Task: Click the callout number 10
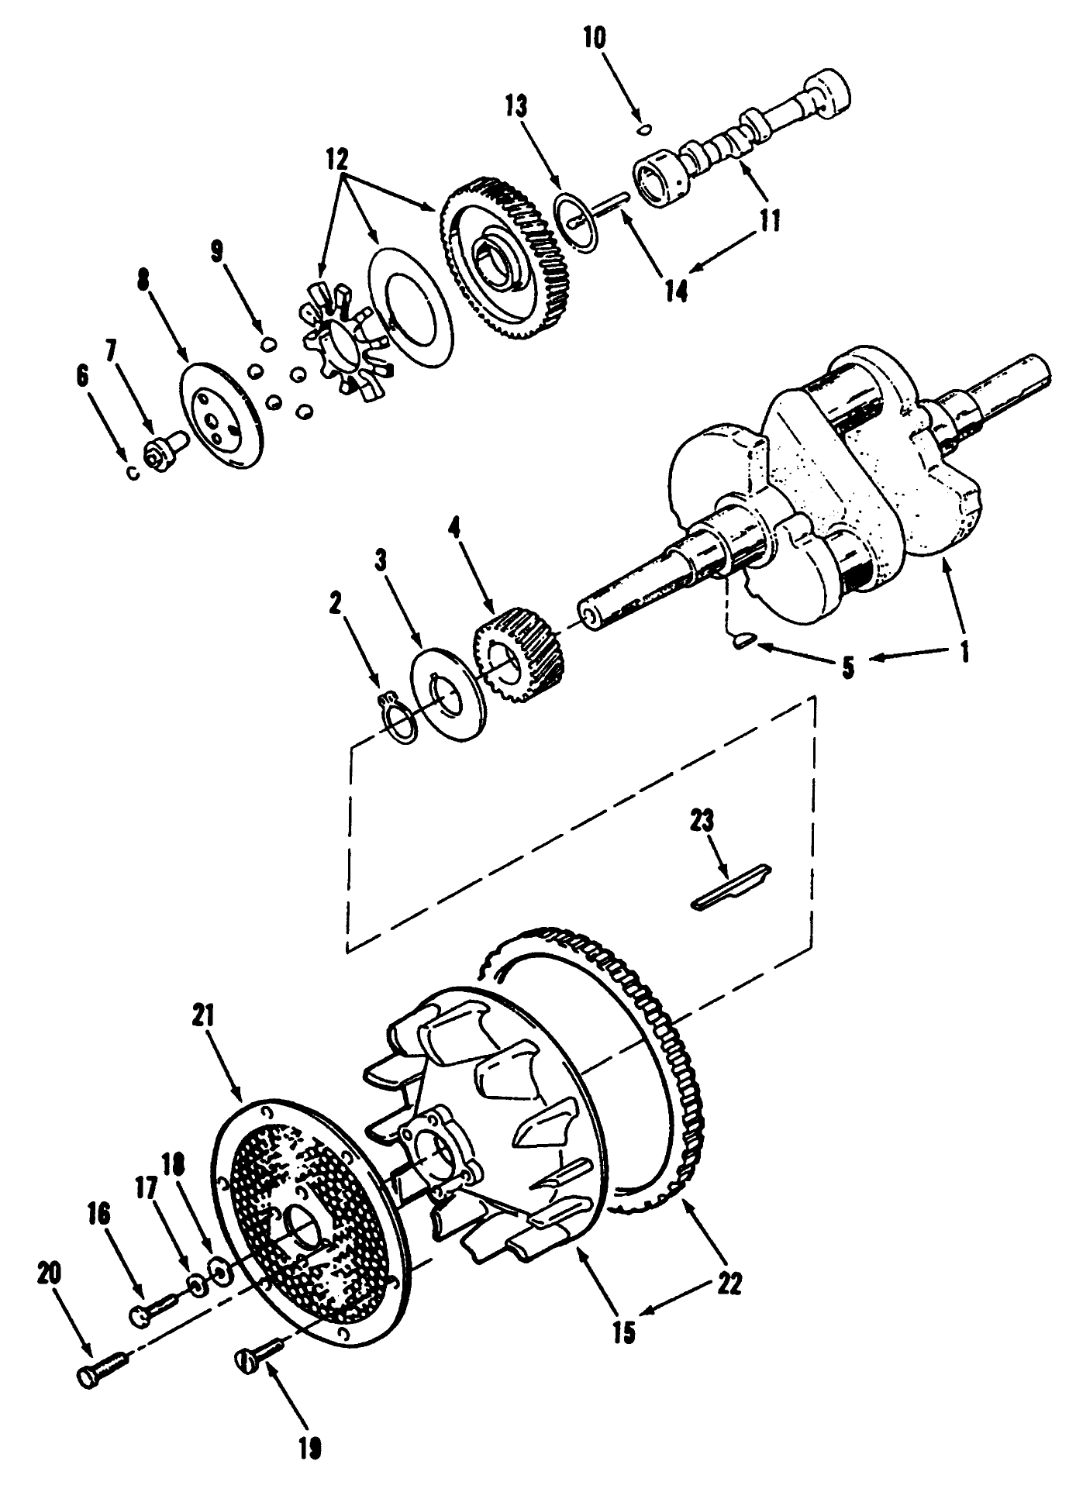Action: (x=595, y=39)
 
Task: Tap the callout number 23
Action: (x=702, y=822)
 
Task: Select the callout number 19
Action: (x=309, y=1447)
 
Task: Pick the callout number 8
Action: (x=142, y=279)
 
